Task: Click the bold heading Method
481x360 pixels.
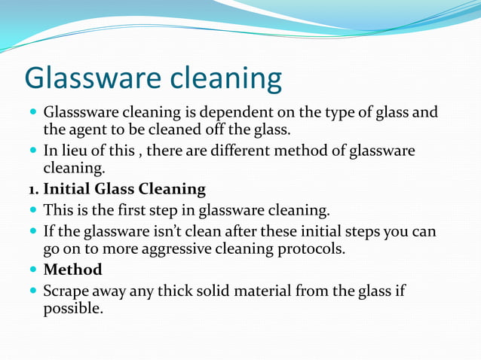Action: [73, 270]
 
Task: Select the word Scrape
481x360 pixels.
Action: [68, 291]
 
